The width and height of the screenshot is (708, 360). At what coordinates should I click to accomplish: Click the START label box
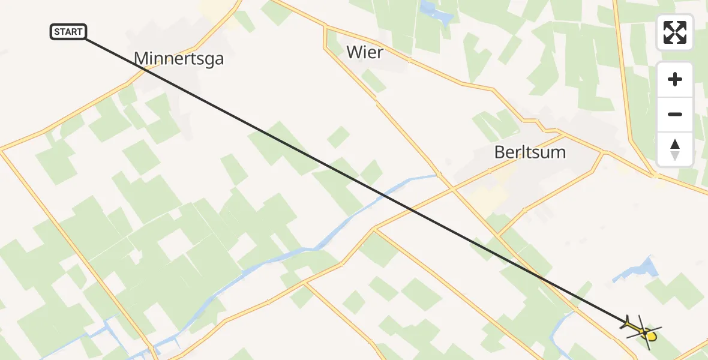(x=68, y=32)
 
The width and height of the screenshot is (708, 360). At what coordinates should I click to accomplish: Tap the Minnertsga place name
(x=178, y=58)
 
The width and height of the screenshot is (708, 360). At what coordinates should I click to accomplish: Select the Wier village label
(x=365, y=52)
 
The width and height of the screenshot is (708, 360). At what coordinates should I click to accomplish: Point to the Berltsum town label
(x=530, y=152)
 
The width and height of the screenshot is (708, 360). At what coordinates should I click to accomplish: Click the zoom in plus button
(x=675, y=79)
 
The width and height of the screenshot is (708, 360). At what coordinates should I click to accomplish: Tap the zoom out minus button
(x=675, y=114)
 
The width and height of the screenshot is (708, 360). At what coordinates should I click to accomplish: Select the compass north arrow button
(x=675, y=149)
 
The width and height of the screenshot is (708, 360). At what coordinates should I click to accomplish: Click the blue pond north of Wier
(x=436, y=13)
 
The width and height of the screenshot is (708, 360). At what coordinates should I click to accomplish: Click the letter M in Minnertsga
(x=142, y=58)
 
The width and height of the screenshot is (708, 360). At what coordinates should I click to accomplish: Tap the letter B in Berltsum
(x=500, y=152)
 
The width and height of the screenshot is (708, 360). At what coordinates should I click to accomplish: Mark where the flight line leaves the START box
(x=86, y=38)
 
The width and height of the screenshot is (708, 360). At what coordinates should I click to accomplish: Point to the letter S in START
(x=57, y=32)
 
